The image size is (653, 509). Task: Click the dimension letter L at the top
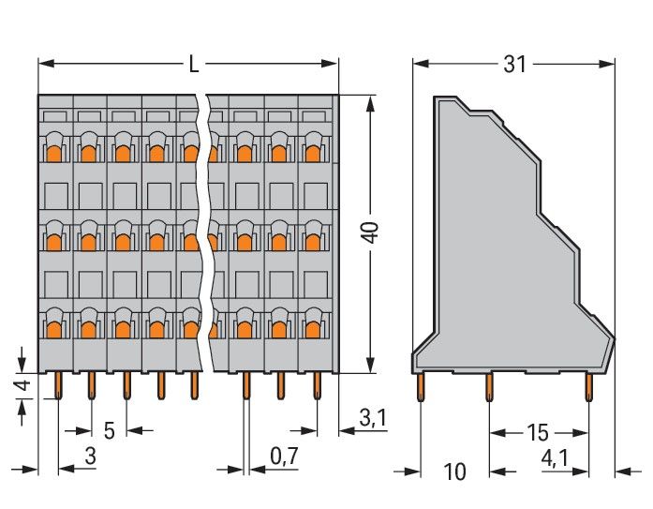coord(192,64)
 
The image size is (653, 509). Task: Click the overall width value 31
coord(514,64)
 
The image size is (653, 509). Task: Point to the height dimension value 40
coord(372,232)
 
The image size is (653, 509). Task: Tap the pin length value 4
coord(26,385)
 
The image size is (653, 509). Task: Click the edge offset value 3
coord(90,458)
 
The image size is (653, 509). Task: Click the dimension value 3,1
coord(372,419)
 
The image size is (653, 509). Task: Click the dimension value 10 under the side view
coord(454,472)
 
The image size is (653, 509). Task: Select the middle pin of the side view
coord(489,386)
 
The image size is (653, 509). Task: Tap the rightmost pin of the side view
coord(588,386)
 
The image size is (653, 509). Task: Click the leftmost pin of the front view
coord(58,384)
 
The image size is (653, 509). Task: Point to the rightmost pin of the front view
coord(317,384)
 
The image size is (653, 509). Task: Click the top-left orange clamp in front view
coord(54,151)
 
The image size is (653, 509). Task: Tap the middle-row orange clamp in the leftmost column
coord(54,240)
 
